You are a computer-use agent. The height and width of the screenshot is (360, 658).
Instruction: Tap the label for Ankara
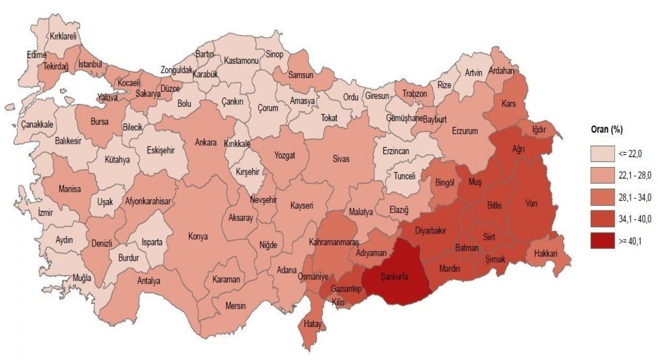coord(206,142)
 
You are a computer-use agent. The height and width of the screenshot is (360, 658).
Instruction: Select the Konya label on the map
coord(198,237)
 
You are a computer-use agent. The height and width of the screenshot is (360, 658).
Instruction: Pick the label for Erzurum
coord(465,131)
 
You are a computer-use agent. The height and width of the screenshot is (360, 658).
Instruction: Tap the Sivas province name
coord(340,159)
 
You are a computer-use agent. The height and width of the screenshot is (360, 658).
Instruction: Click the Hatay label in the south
coord(312,324)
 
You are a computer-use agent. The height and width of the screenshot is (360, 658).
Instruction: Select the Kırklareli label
coord(63,37)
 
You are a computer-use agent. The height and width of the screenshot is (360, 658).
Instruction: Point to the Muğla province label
coord(82,278)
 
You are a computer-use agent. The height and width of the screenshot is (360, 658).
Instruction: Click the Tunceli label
coord(404,175)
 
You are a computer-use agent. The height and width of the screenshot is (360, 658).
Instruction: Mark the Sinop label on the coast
coord(274,55)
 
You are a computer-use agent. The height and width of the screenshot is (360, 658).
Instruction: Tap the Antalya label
coord(149,281)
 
